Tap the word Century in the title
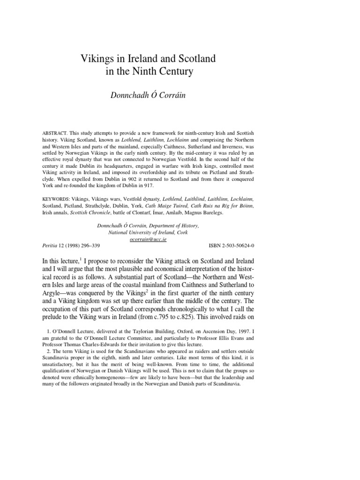pos(174,73)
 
